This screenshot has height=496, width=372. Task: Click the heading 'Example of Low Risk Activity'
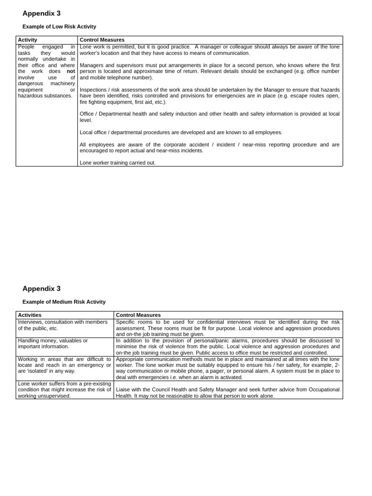(x=59, y=27)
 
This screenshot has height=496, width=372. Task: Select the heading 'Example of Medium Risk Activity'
(x=64, y=302)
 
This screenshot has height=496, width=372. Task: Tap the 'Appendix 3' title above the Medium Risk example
(x=42, y=289)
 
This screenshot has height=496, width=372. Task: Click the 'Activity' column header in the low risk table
(x=28, y=40)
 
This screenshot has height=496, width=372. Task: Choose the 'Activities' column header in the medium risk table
(x=30, y=315)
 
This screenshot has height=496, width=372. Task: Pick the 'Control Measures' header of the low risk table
(x=102, y=40)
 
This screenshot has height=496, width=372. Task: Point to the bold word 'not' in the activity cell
(x=71, y=71)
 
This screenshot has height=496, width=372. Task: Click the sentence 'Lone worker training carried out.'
(x=118, y=163)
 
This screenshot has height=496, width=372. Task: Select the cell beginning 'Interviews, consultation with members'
(x=63, y=325)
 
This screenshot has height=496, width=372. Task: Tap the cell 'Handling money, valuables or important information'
(x=53, y=343)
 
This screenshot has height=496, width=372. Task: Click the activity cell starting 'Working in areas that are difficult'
(x=64, y=365)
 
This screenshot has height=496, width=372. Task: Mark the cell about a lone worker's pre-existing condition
(x=64, y=389)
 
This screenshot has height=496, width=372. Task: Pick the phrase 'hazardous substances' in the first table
(x=45, y=96)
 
